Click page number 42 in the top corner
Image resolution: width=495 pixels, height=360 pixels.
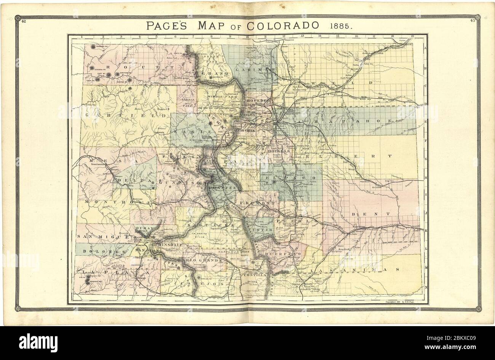tap(23, 21)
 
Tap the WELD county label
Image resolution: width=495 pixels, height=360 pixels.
tap(341, 83)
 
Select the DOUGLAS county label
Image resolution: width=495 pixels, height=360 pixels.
tap(279, 151)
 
